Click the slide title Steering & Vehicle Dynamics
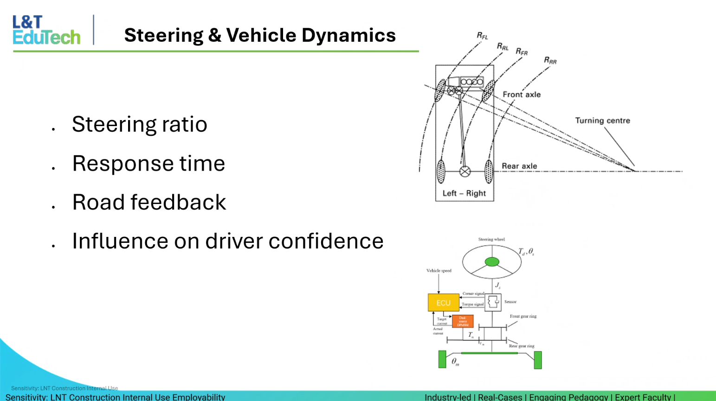[x=260, y=35]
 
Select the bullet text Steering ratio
[x=139, y=124]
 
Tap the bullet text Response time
[x=148, y=163]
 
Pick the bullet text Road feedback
[x=149, y=202]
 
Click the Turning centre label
[x=602, y=121]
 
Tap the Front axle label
[x=522, y=95]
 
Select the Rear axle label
[x=519, y=166]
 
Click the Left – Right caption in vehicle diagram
[x=464, y=193]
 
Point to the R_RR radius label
[x=550, y=60]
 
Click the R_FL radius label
[x=483, y=36]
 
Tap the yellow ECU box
[x=443, y=303]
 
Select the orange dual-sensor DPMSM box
[x=463, y=321]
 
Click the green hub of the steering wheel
[x=492, y=262]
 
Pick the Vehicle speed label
[x=439, y=271]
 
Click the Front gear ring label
[x=523, y=316]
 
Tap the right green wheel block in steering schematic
[x=538, y=360]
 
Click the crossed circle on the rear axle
[x=465, y=172]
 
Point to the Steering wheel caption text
[x=491, y=240]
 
